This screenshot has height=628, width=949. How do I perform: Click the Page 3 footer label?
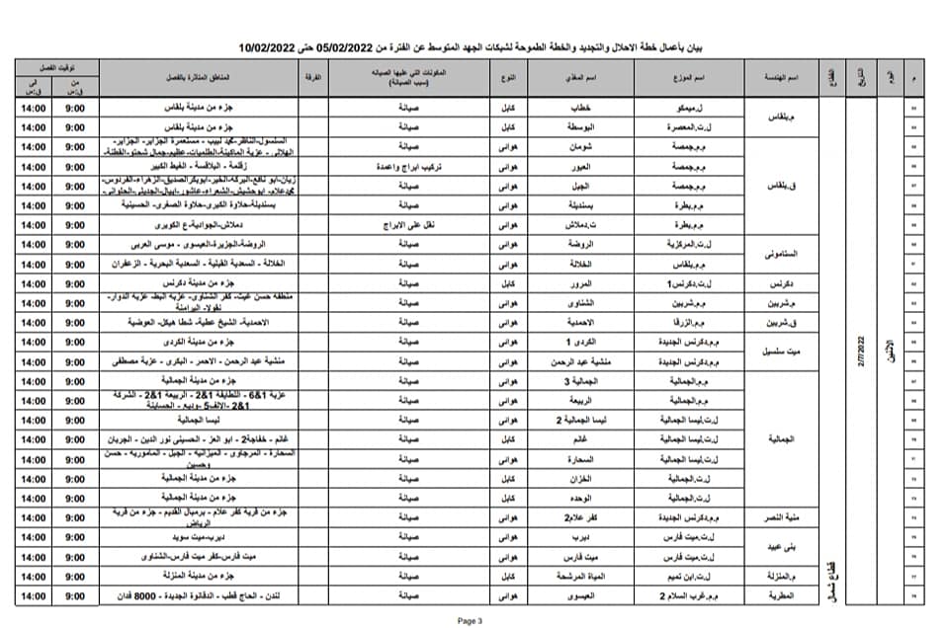470,621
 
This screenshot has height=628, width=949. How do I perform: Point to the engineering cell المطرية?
779,595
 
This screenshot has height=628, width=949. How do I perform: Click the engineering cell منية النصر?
779,517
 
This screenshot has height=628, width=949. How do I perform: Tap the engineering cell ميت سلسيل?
779,352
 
